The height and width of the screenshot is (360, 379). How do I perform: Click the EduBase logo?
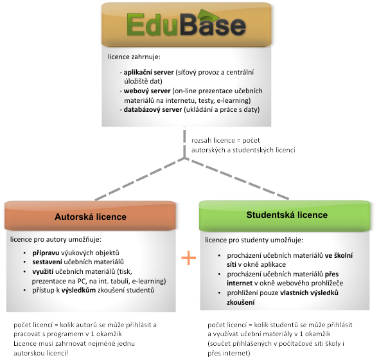click(186, 24)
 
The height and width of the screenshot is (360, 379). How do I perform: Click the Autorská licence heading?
click(91, 217)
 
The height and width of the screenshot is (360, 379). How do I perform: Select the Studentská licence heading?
click(287, 215)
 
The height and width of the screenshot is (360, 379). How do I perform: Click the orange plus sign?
click(188, 258)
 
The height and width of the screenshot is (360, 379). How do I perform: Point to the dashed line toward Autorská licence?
click(139, 179)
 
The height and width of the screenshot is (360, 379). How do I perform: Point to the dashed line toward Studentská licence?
click(237, 179)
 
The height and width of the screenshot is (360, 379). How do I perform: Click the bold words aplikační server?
click(148, 72)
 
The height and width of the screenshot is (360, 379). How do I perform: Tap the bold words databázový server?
click(153, 109)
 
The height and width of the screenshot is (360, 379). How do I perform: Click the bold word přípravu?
click(46, 253)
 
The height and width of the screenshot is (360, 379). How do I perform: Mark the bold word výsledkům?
click(78, 290)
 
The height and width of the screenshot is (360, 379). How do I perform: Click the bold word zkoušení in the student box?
click(240, 302)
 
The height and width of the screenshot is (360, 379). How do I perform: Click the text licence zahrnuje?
click(134, 57)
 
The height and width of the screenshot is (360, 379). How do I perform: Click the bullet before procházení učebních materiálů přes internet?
click(219, 274)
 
